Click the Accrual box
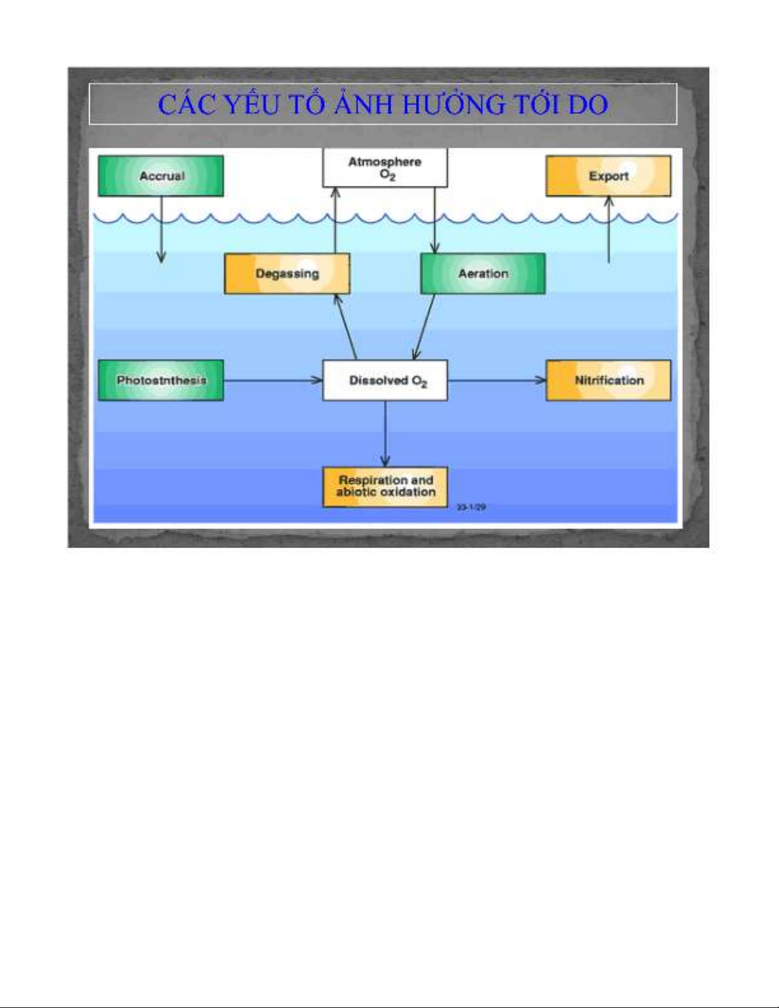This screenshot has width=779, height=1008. (x=161, y=176)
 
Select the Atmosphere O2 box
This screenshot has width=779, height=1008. (x=385, y=169)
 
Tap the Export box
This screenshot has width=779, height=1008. (x=608, y=176)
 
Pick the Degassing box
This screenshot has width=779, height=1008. (x=287, y=273)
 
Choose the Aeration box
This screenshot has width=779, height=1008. (x=483, y=273)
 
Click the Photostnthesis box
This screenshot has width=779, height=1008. (x=161, y=380)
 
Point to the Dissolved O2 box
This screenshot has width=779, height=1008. (x=385, y=380)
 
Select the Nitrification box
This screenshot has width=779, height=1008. (x=608, y=380)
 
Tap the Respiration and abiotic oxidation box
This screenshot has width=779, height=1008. (x=385, y=487)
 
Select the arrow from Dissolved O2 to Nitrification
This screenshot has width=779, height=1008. (x=496, y=380)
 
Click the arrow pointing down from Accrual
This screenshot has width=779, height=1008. (x=162, y=229)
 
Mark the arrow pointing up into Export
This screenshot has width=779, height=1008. (x=609, y=229)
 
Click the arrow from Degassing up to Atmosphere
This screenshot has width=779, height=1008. (x=335, y=220)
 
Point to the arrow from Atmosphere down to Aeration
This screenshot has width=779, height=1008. (x=435, y=220)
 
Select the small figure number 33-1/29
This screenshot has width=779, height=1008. (x=471, y=507)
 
